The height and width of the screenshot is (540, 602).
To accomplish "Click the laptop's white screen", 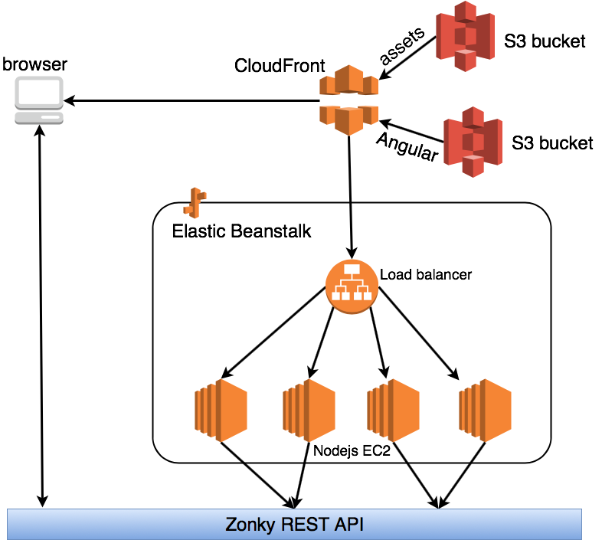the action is click(x=39, y=93).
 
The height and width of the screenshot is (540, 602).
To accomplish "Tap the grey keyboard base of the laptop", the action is click(x=39, y=118).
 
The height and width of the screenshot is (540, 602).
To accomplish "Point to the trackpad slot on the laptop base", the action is click(x=51, y=117).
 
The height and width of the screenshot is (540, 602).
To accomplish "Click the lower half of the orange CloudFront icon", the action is click(x=348, y=119).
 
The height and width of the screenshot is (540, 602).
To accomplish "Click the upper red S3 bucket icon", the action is click(x=465, y=36).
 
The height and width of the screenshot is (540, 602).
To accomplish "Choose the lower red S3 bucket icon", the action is click(x=473, y=142).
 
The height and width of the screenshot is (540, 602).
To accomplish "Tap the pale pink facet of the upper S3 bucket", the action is click(x=465, y=52).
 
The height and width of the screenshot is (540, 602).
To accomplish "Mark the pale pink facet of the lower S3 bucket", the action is click(x=473, y=159).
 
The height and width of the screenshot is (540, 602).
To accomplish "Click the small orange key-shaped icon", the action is click(x=195, y=203).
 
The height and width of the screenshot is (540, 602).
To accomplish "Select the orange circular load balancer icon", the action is click(x=352, y=286).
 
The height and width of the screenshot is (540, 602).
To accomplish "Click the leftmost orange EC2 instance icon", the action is click(x=221, y=410).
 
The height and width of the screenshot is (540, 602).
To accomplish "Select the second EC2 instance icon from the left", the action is click(x=309, y=410).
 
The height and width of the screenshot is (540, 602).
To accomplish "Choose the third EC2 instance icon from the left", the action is click(x=393, y=410).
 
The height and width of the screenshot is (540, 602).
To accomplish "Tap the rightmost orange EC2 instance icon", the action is click(x=485, y=410).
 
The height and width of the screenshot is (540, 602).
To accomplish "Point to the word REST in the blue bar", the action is click(x=305, y=525).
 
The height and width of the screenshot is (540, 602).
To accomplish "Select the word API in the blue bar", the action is click(x=349, y=525).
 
